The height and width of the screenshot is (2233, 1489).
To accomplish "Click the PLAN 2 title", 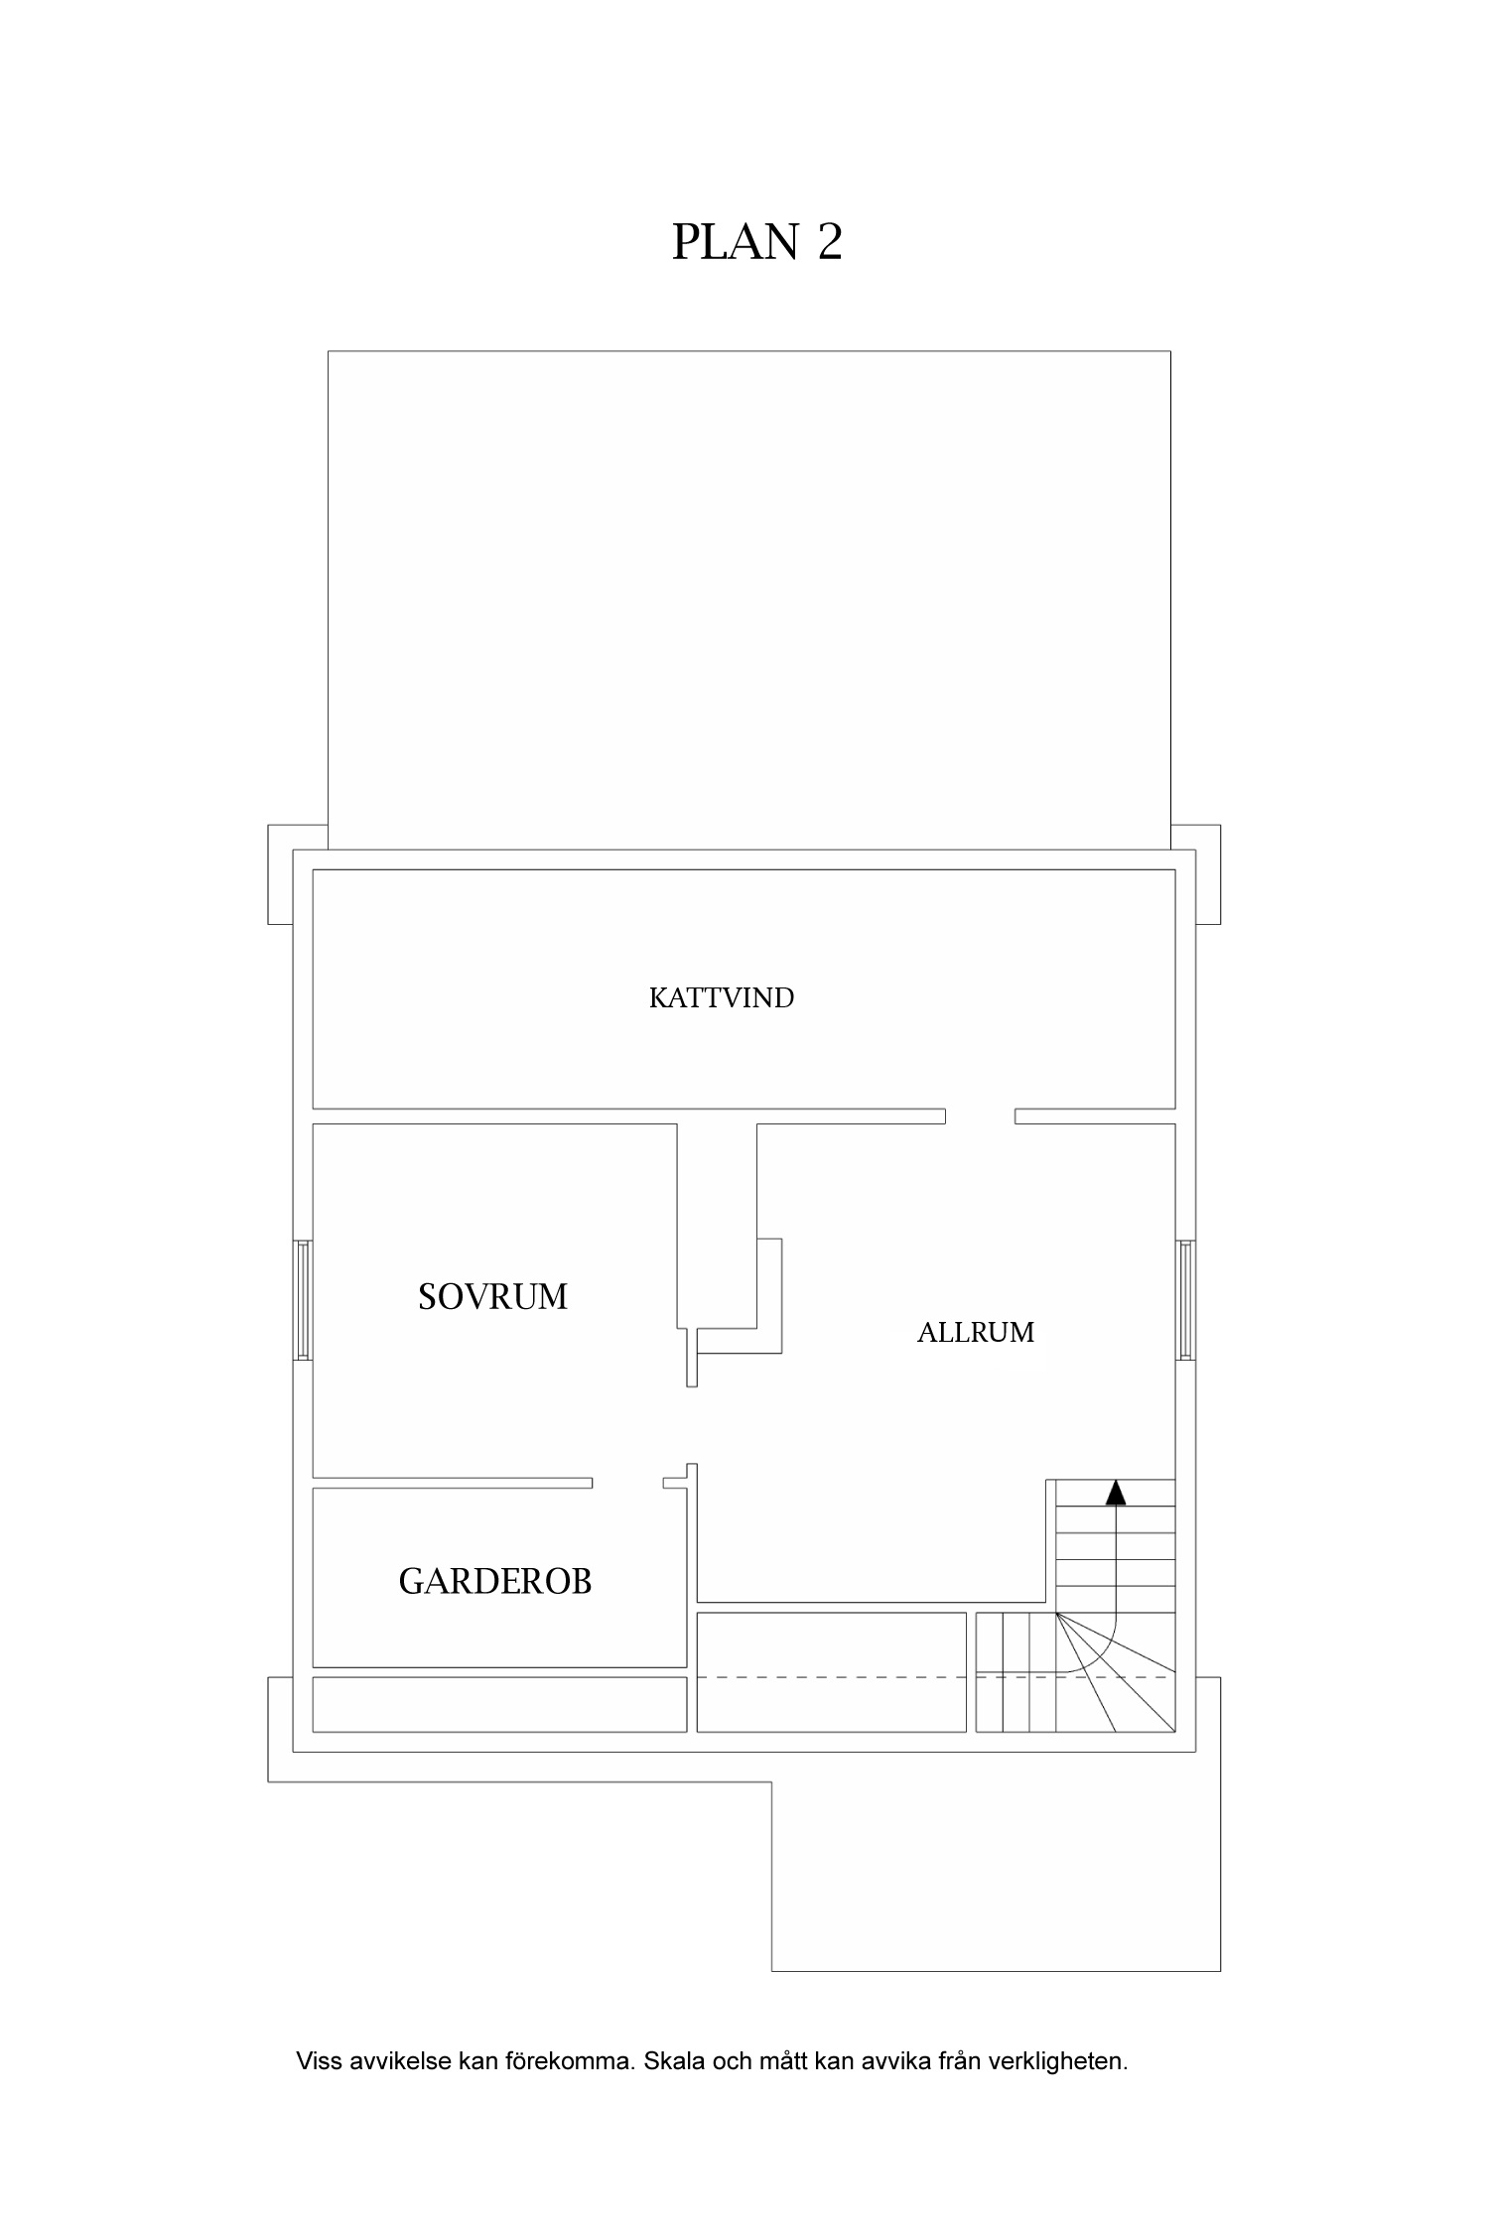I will click(756, 241).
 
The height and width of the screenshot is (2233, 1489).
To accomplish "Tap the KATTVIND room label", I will click(722, 997).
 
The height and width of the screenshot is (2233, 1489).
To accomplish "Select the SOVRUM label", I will click(492, 1297).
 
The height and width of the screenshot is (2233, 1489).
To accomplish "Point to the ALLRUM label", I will click(975, 1332).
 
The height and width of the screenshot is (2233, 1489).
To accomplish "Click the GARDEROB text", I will click(495, 1581).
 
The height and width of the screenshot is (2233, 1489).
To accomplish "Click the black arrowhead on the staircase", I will click(1117, 1492).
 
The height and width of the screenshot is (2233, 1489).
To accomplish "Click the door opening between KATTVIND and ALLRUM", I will click(980, 1116).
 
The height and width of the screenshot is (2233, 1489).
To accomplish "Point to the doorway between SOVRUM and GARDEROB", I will click(627, 1483).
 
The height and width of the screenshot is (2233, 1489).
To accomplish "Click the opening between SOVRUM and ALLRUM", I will click(692, 1424).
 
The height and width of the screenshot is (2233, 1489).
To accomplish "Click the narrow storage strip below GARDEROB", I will click(499, 1704).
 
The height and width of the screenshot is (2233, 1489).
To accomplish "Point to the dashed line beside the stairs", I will click(831, 1676).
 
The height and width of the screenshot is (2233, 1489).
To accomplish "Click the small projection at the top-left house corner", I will click(280, 873).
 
